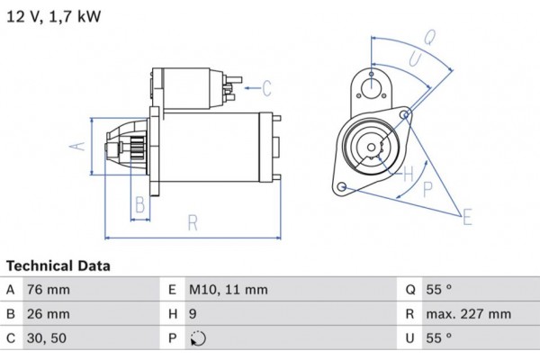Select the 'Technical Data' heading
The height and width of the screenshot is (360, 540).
coord(58,266)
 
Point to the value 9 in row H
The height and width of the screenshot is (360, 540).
coord(194,314)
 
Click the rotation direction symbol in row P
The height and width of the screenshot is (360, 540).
coord(199,339)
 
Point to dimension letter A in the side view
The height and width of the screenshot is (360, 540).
coord(78,147)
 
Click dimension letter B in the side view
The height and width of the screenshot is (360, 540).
coord(139,205)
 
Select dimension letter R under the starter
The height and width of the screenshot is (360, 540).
coord(193,223)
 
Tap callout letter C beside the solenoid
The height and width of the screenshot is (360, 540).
coord(266,87)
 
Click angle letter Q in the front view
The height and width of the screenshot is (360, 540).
coord(429,38)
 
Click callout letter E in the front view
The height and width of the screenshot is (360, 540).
coord(466,217)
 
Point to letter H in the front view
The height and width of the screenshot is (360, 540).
coord(408,172)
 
